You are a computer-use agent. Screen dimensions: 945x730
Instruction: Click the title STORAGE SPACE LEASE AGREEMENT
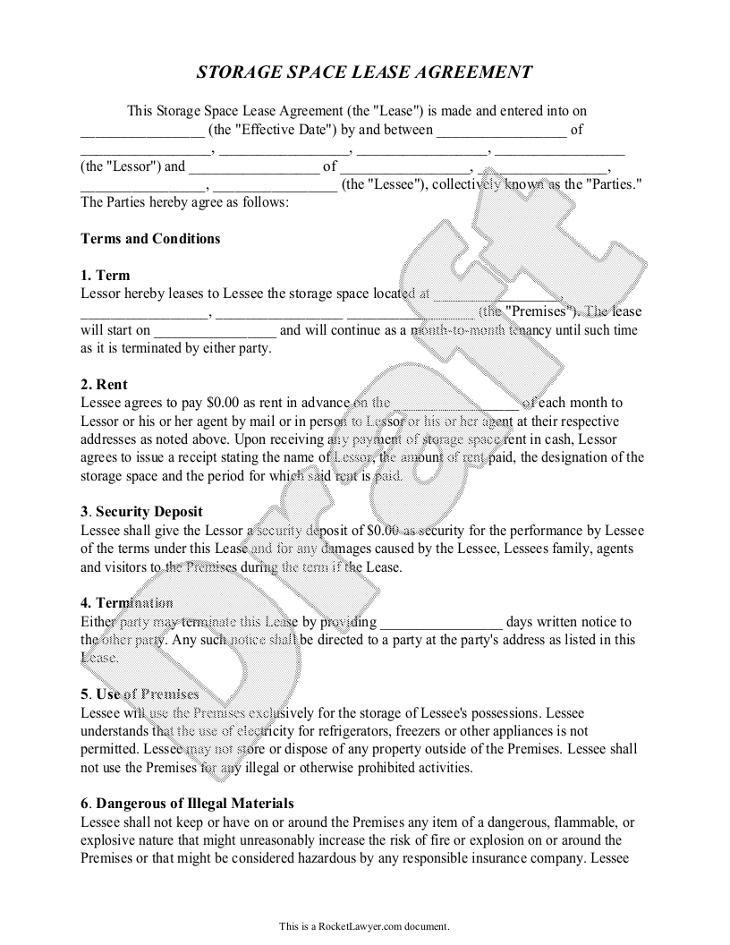tap(364, 72)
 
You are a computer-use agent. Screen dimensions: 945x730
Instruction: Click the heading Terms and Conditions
tap(150, 239)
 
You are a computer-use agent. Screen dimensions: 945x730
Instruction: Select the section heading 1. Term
tap(105, 276)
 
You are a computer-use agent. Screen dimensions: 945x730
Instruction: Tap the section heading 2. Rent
tap(104, 385)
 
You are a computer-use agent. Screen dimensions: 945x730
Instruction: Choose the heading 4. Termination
tap(126, 603)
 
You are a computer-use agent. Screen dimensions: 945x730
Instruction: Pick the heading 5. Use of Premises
tap(140, 694)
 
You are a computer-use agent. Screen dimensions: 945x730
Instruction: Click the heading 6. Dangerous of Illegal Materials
tap(187, 804)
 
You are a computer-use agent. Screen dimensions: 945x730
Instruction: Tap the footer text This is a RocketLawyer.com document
tap(364, 925)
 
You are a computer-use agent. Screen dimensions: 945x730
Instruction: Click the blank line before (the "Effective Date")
tap(142, 131)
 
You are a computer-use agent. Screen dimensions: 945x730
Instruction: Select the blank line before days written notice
tap(442, 622)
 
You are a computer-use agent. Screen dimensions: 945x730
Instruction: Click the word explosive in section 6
tap(109, 840)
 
